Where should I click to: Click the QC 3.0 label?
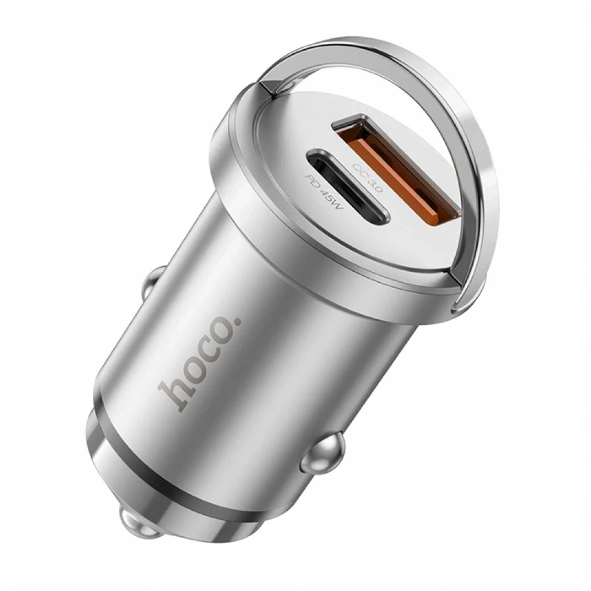(366, 178)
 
